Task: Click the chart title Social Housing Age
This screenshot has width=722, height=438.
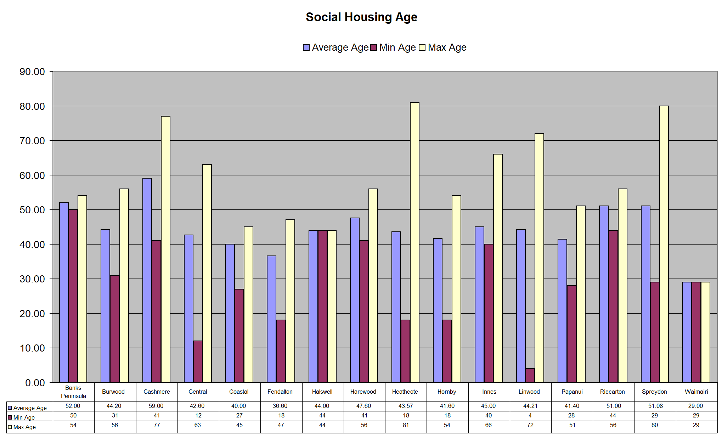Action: [361, 17]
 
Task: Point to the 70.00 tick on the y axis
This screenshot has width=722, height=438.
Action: [32, 141]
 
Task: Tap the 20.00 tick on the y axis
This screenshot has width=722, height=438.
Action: [32, 314]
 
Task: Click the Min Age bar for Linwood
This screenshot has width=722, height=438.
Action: [530, 376]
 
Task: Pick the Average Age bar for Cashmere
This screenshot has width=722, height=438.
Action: [147, 280]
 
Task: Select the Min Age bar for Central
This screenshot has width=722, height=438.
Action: [198, 361]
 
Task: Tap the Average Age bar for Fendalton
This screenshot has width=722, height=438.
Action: [271, 319]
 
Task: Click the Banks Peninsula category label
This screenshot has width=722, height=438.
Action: [73, 392]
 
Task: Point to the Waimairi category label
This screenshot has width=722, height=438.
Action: [696, 392]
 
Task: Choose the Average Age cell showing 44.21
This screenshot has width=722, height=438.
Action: [530, 406]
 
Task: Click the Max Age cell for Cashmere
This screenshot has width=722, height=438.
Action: [157, 425]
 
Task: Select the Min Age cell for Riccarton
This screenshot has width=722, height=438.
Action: [613, 415]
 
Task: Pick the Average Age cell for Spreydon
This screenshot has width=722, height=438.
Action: [655, 406]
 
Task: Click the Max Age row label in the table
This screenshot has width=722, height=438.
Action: [24, 427]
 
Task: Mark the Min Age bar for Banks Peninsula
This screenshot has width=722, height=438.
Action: [73, 296]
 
